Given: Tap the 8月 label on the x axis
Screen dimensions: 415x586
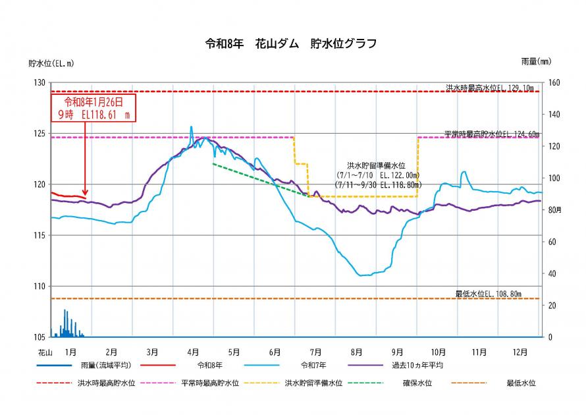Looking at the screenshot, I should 357,352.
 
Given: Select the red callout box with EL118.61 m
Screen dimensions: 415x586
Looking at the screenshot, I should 93,107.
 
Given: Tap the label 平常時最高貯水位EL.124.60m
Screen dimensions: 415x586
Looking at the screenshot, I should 491,134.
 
